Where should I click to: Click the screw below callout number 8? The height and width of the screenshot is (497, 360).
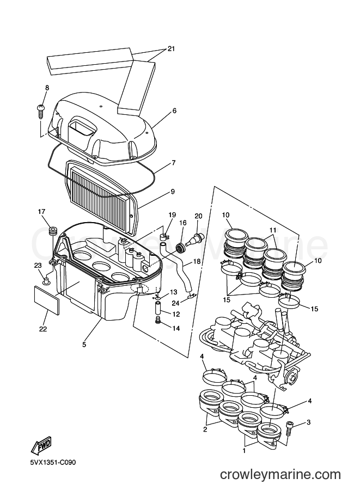tap(41, 111)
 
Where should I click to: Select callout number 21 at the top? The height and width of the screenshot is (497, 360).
tap(171, 49)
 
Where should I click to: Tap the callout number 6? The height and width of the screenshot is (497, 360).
tap(174, 111)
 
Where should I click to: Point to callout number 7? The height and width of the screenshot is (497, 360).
tap(173, 163)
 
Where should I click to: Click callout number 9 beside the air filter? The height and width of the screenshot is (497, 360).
tap(173, 192)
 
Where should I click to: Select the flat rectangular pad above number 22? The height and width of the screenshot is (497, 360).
tap(46, 299)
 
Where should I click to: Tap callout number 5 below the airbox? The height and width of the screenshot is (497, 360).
tap(84, 344)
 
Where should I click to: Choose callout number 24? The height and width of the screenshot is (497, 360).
tap(175, 303)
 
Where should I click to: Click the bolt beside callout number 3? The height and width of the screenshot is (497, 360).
tap(289, 427)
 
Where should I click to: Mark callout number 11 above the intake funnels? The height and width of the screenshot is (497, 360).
tap(273, 230)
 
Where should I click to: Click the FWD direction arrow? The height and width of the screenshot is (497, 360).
tap(41, 446)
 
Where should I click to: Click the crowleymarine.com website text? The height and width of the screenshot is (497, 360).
tap(280, 475)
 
